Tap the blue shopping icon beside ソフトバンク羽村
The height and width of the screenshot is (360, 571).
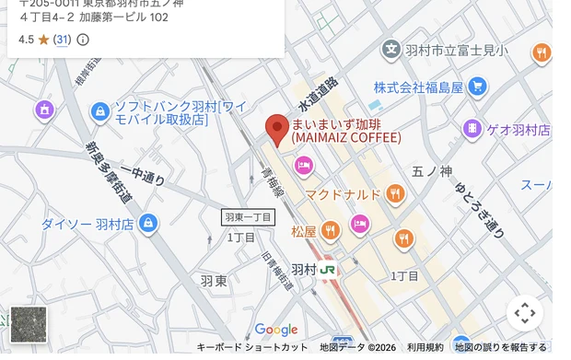click(100, 111)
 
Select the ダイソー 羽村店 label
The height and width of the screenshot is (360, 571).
click(88, 224)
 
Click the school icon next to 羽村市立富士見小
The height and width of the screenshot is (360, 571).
click(391, 50)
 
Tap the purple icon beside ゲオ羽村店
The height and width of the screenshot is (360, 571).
click(472, 129)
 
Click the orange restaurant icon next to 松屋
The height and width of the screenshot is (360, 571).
click(331, 229)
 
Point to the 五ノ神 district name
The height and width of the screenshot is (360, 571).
click(431, 171)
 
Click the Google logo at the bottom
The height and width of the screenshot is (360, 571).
click(276, 330)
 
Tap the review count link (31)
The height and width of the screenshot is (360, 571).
click(62, 40)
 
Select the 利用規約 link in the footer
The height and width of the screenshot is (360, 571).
click(425, 347)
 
